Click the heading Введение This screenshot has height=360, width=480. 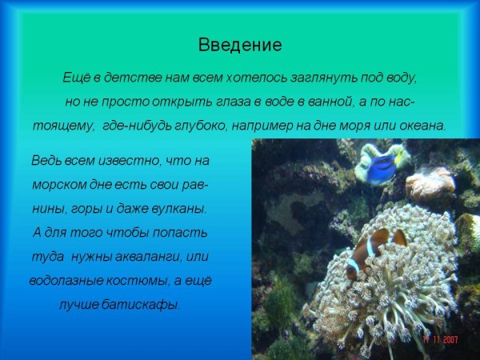click(240, 45)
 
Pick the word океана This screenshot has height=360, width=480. click(419, 126)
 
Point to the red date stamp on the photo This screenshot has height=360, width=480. click(440, 339)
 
